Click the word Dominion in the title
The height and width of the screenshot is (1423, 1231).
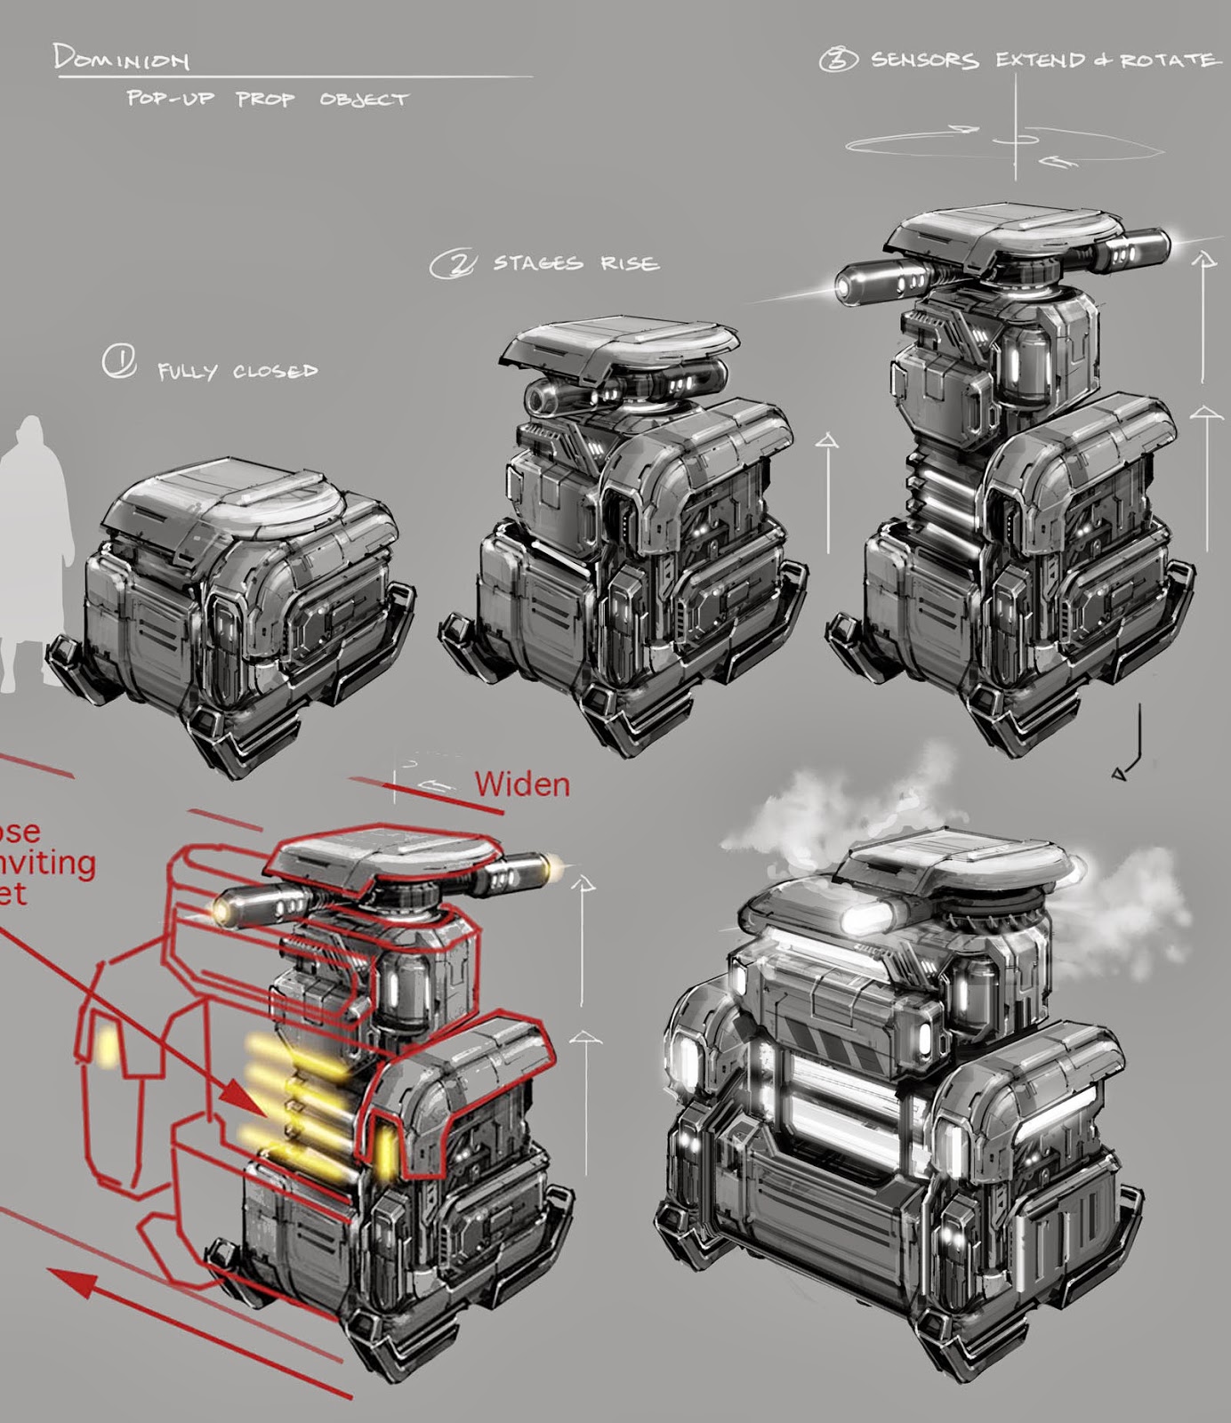121,59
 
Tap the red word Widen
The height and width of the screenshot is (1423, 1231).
522,784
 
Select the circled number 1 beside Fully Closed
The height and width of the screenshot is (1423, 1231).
117,363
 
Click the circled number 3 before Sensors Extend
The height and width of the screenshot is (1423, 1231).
838,60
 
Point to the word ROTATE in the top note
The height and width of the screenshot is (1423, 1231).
1167,60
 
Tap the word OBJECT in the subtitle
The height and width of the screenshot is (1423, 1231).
364,100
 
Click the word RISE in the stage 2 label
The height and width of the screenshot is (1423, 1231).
629,263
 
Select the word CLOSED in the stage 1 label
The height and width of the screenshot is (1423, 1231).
275,371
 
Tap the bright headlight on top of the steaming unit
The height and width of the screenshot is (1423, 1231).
864,919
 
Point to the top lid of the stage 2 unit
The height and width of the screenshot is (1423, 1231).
622,342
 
